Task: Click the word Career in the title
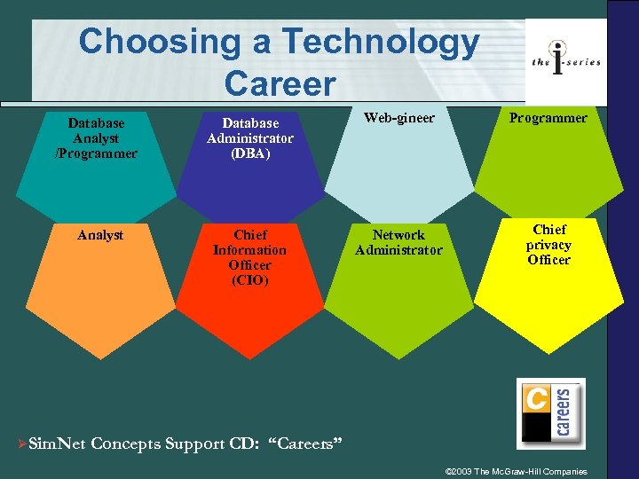point(280,83)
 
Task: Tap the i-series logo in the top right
point(566,60)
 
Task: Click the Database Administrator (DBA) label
point(249,138)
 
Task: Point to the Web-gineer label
point(398,118)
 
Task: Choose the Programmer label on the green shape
point(548,118)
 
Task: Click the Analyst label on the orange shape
point(100,235)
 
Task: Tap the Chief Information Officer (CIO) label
point(249,257)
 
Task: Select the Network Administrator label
point(398,242)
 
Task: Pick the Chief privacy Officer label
point(548,245)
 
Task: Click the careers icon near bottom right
point(550,412)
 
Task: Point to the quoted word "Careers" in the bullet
point(304,444)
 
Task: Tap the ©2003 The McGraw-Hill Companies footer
point(515,470)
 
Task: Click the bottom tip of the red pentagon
point(249,358)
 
